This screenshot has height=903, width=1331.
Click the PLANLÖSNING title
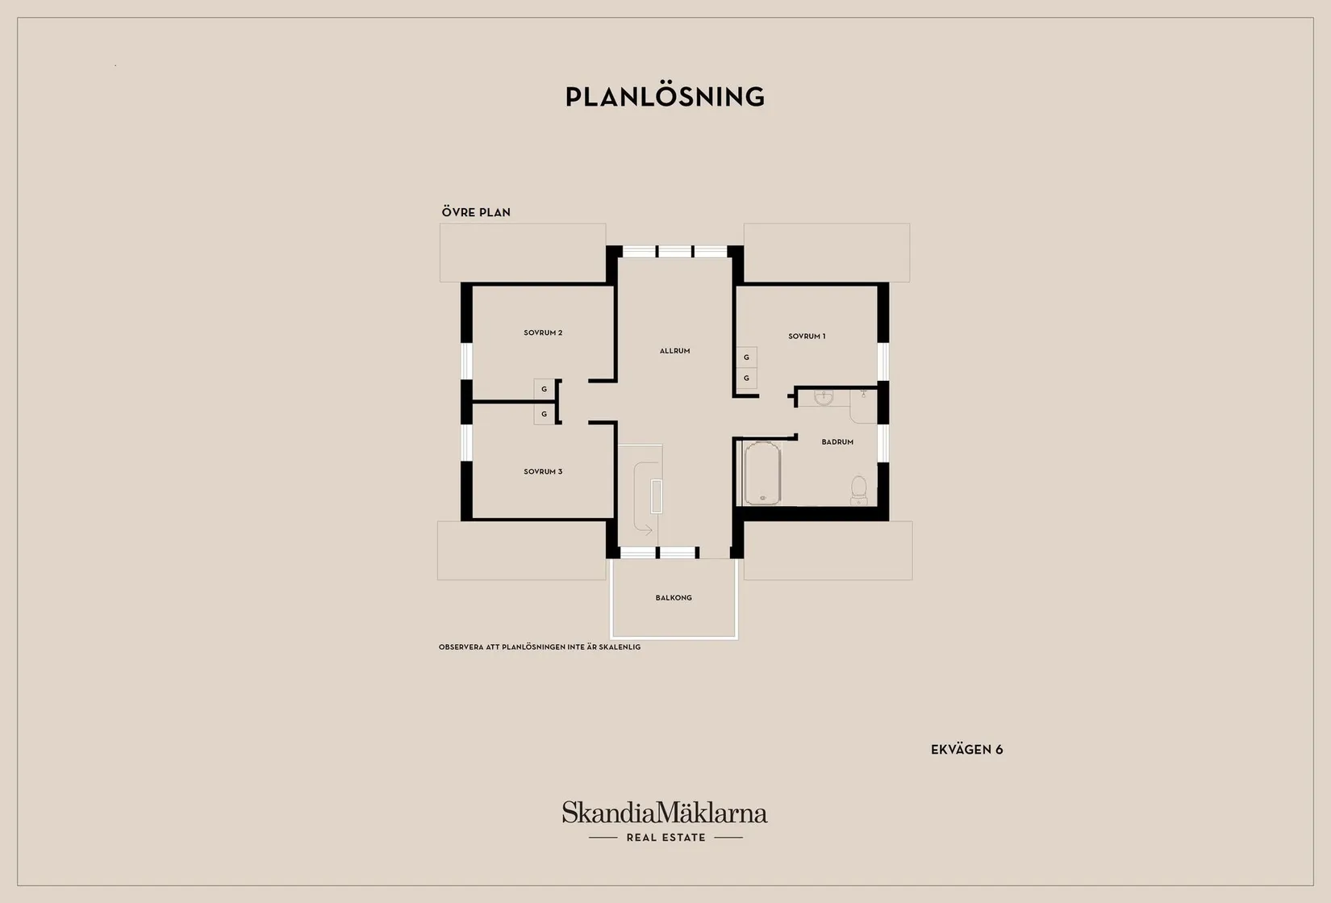coord(665,97)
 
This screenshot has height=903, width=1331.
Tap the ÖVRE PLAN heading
coord(476,212)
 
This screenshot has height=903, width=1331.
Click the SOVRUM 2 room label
coord(543,333)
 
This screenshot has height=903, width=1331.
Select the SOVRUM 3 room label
coord(543,472)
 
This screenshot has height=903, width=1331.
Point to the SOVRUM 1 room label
coord(807,337)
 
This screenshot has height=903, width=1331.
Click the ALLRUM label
coord(675,351)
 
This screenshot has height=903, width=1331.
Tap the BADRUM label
coord(837,442)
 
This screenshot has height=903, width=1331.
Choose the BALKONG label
coord(674,598)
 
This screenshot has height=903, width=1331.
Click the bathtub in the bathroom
coord(762,473)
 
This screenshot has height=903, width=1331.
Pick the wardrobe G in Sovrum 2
coord(544,390)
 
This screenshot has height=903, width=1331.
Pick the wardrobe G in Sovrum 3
coord(544,414)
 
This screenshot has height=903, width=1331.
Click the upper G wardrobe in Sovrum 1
coord(746,357)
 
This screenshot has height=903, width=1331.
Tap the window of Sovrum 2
coord(466,362)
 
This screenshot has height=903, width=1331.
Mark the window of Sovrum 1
coord(883,362)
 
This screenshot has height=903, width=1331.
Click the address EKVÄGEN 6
coord(966,750)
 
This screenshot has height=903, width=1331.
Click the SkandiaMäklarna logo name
coord(665,813)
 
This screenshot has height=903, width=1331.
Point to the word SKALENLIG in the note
coord(620,647)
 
